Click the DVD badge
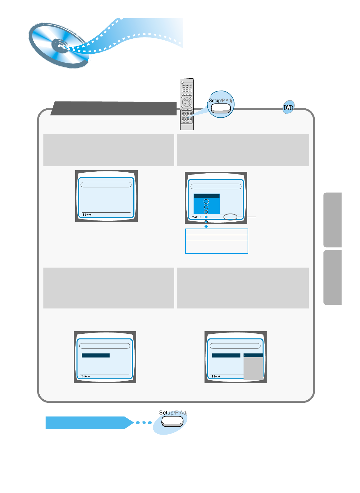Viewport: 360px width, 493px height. pyautogui.click(x=288, y=108)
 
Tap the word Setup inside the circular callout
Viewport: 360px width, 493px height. pyautogui.click(x=215, y=101)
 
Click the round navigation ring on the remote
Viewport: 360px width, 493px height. pyautogui.click(x=186, y=102)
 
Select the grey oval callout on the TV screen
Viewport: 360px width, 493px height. pyautogui.click(x=230, y=217)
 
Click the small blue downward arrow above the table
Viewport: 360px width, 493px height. pyautogui.click(x=206, y=226)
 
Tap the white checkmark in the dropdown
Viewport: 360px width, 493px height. pyautogui.click(x=245, y=355)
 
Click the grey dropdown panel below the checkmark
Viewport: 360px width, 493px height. pyautogui.click(x=253, y=368)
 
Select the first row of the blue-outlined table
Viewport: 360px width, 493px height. pyautogui.click(x=216, y=232)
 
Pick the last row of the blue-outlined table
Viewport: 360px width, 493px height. pyautogui.click(x=216, y=250)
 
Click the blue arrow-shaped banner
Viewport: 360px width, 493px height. pyautogui.click(x=89, y=423)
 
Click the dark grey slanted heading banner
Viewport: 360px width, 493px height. pyautogui.click(x=114, y=108)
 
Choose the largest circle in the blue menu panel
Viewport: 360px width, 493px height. pyautogui.click(x=206, y=201)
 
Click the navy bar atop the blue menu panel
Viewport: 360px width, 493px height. pyautogui.click(x=206, y=196)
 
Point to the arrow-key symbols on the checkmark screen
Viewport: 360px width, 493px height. pyautogui.click(x=215, y=376)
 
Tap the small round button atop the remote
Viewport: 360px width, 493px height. pyautogui.click(x=182, y=82)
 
